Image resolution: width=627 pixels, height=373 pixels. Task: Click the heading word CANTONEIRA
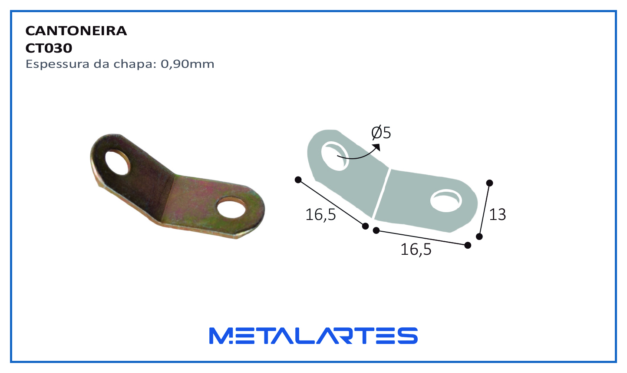coord(76,31)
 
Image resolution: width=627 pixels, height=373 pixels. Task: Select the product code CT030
coord(49,48)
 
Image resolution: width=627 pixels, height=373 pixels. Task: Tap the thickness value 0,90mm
coord(187,64)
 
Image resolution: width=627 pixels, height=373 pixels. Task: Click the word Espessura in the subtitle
coord(58,64)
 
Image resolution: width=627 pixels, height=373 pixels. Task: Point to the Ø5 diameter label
coord(381,133)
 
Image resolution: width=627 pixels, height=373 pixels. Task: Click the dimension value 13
coord(498,215)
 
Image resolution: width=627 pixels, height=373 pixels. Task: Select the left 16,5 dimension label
coord(320,215)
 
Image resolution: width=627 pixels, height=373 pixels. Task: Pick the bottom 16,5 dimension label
coord(416,250)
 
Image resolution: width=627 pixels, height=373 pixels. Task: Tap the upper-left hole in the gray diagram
coord(335,156)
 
